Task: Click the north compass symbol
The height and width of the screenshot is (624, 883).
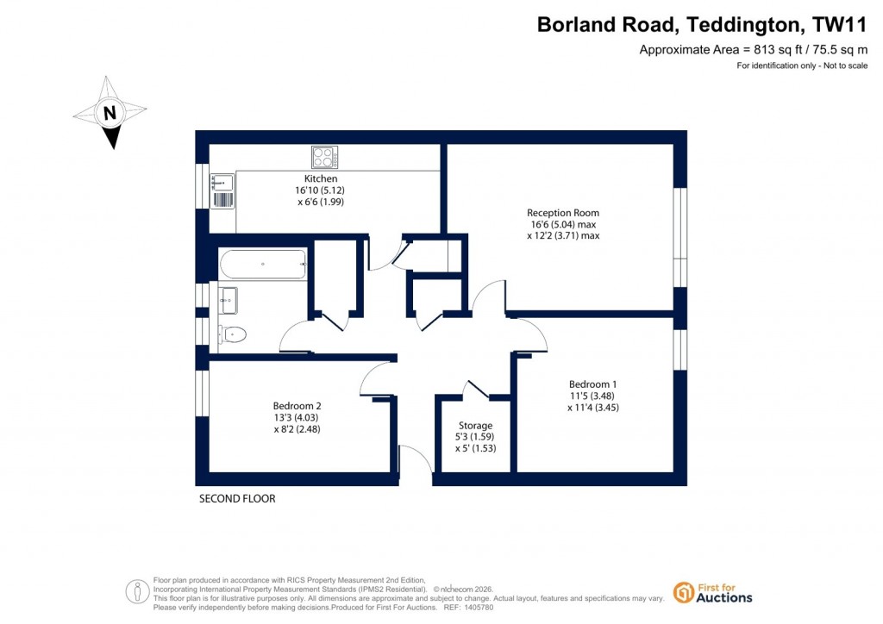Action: tap(110, 113)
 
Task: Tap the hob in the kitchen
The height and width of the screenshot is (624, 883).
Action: tap(324, 157)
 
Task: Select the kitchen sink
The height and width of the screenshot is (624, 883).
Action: tap(222, 182)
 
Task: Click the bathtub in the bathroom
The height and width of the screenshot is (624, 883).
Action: tap(262, 265)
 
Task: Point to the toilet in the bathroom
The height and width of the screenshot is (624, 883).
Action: tap(233, 334)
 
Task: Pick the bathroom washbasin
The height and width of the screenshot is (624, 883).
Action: tap(228, 301)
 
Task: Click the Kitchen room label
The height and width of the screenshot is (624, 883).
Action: tap(321, 178)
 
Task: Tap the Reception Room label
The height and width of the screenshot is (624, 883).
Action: tap(563, 213)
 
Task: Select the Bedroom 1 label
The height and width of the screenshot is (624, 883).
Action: tap(592, 384)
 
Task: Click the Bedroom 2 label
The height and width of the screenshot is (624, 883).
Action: tap(297, 406)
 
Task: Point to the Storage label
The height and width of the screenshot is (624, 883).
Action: tap(475, 426)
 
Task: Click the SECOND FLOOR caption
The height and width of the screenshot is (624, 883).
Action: tap(237, 499)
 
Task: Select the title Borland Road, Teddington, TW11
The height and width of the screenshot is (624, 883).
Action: tap(702, 24)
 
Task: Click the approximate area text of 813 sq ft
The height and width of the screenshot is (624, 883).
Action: tap(753, 50)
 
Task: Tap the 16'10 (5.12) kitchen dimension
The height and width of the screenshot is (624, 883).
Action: tap(320, 190)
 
